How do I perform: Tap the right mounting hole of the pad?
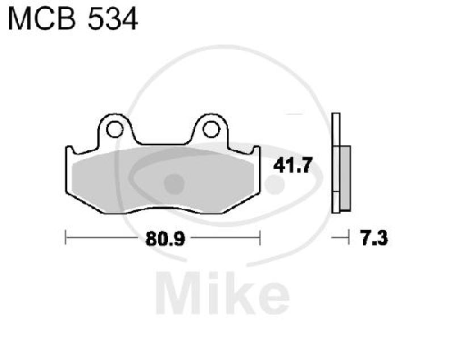pos(211,129)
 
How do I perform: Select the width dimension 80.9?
pos(163,239)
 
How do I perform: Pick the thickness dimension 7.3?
pos(373,239)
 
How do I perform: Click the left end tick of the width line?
pos(66,238)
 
